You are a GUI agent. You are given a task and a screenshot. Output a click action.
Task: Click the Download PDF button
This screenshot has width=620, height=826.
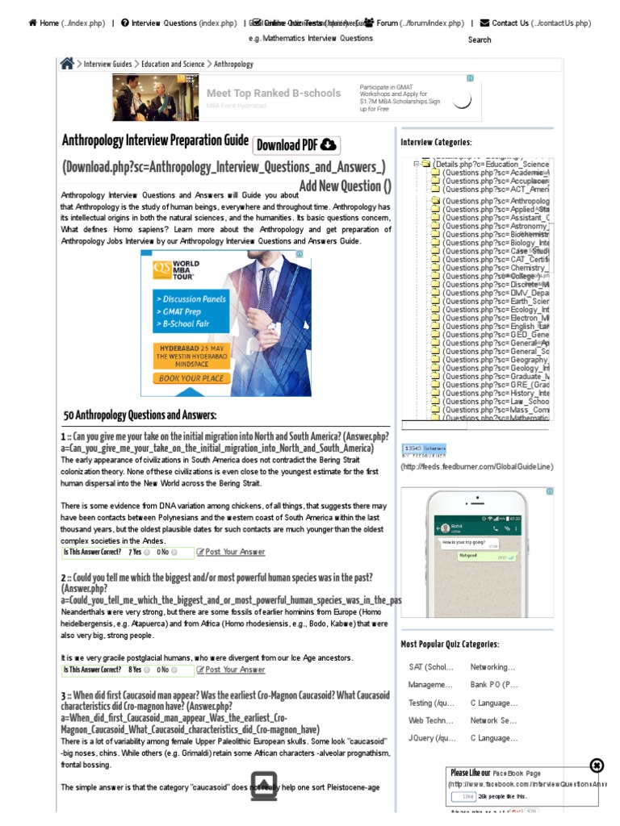[x=296, y=145]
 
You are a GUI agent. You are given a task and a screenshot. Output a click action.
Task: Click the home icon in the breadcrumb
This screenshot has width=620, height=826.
[x=67, y=64]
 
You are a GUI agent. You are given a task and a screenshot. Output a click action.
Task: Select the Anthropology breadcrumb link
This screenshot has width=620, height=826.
[x=233, y=64]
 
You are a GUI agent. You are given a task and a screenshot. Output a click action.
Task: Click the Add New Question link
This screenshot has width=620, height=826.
[x=345, y=186]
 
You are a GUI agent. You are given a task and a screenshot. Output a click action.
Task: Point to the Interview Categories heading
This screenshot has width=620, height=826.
[x=437, y=143]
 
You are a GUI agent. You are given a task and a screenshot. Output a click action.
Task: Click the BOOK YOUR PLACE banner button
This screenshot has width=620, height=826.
[x=191, y=378]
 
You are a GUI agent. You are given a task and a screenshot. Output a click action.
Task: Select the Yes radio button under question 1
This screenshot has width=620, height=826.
[x=147, y=553]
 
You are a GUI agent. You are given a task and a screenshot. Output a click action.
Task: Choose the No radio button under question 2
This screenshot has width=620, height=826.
[x=174, y=670]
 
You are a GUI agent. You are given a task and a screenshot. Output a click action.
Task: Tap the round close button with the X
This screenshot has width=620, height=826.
[x=597, y=766]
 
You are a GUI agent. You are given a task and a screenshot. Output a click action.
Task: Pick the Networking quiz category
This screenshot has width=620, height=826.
[x=492, y=667]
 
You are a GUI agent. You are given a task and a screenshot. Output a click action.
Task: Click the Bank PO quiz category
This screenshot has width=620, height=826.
[x=494, y=685]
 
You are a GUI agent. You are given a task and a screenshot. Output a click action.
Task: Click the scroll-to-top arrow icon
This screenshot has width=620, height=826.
[x=264, y=786]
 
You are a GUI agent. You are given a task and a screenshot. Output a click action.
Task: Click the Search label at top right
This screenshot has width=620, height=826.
[x=480, y=40]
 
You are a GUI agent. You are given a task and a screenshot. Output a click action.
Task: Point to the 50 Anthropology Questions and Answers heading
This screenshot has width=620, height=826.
[x=140, y=415]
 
